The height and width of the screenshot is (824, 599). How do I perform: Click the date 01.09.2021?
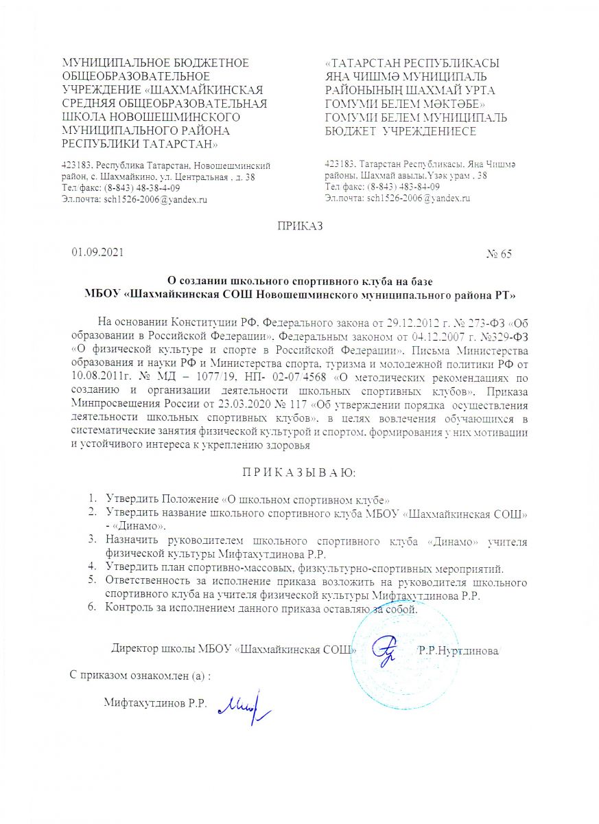pyautogui.click(x=97, y=253)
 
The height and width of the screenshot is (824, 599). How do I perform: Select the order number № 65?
pyautogui.click(x=499, y=254)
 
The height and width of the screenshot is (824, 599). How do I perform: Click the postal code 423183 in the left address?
pyautogui.click(x=78, y=165)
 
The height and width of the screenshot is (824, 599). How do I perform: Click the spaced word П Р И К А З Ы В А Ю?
pyautogui.click(x=298, y=473)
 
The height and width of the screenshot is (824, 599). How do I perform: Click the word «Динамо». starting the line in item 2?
pyautogui.click(x=143, y=526)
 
